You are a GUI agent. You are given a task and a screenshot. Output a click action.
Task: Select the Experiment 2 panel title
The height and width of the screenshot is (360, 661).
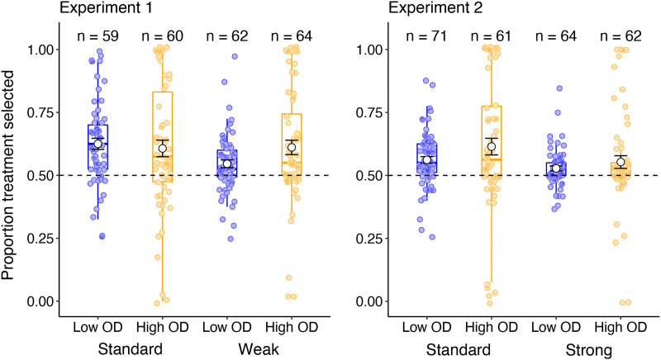pos(435,9)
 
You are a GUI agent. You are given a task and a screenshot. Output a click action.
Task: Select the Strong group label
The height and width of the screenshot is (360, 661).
pos(589,350)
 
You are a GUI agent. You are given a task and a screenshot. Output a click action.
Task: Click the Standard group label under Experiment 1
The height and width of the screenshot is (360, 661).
pos(130,350)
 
